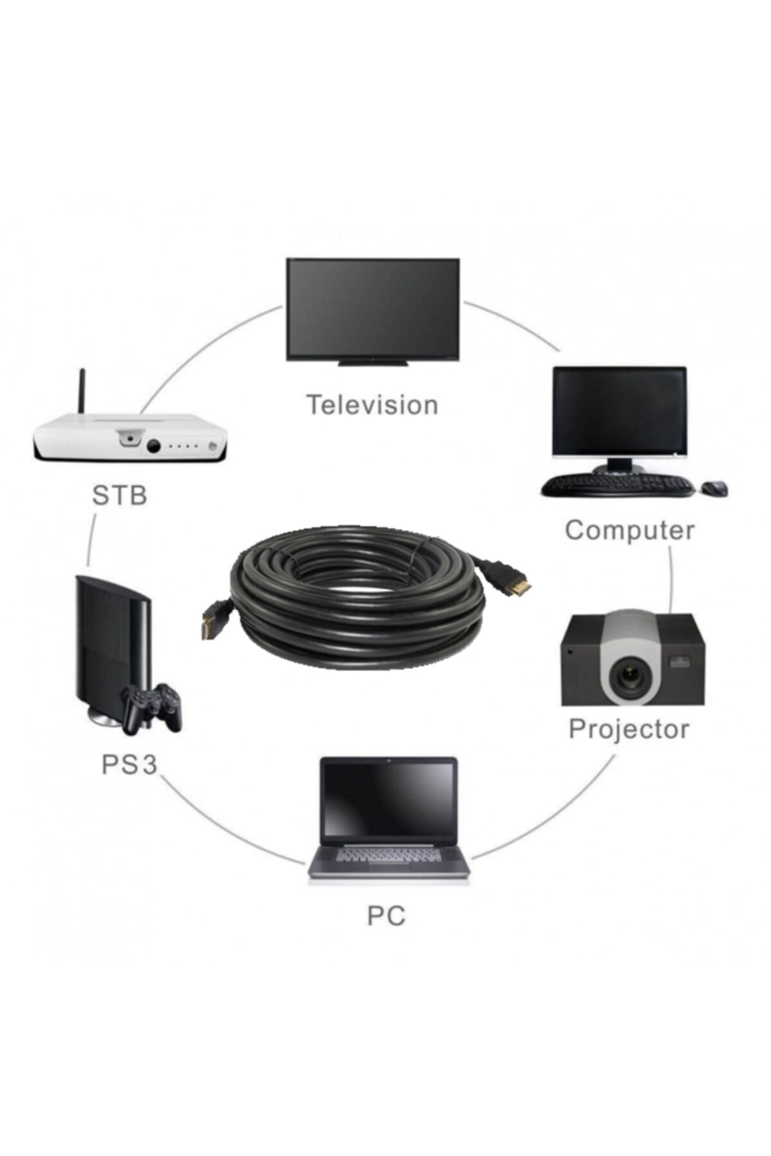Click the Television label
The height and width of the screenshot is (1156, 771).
372,405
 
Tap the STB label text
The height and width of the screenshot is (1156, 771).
120,495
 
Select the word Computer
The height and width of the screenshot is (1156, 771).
630,530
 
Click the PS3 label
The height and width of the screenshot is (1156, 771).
129,765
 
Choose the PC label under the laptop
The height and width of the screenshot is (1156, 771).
386,916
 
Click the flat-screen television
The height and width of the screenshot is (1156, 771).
373,308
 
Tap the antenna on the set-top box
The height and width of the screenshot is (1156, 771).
82,392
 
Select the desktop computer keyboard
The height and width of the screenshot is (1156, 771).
617,486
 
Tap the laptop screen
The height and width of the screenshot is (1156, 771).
389,800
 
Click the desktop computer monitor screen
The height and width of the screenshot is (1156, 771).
619,411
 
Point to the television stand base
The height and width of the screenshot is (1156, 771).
373,363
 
